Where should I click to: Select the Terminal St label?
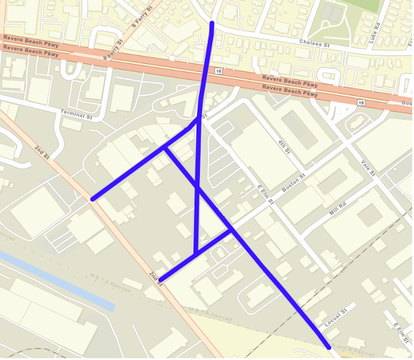[76, 114]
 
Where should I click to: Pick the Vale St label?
[368, 168]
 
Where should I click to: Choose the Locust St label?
[337, 318]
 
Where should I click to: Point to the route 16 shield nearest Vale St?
[361, 103]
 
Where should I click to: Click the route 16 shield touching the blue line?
[218, 71]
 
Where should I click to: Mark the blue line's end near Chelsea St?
[212, 23]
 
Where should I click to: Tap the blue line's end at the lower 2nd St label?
[160, 280]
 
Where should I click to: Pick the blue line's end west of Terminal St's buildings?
[92, 198]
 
